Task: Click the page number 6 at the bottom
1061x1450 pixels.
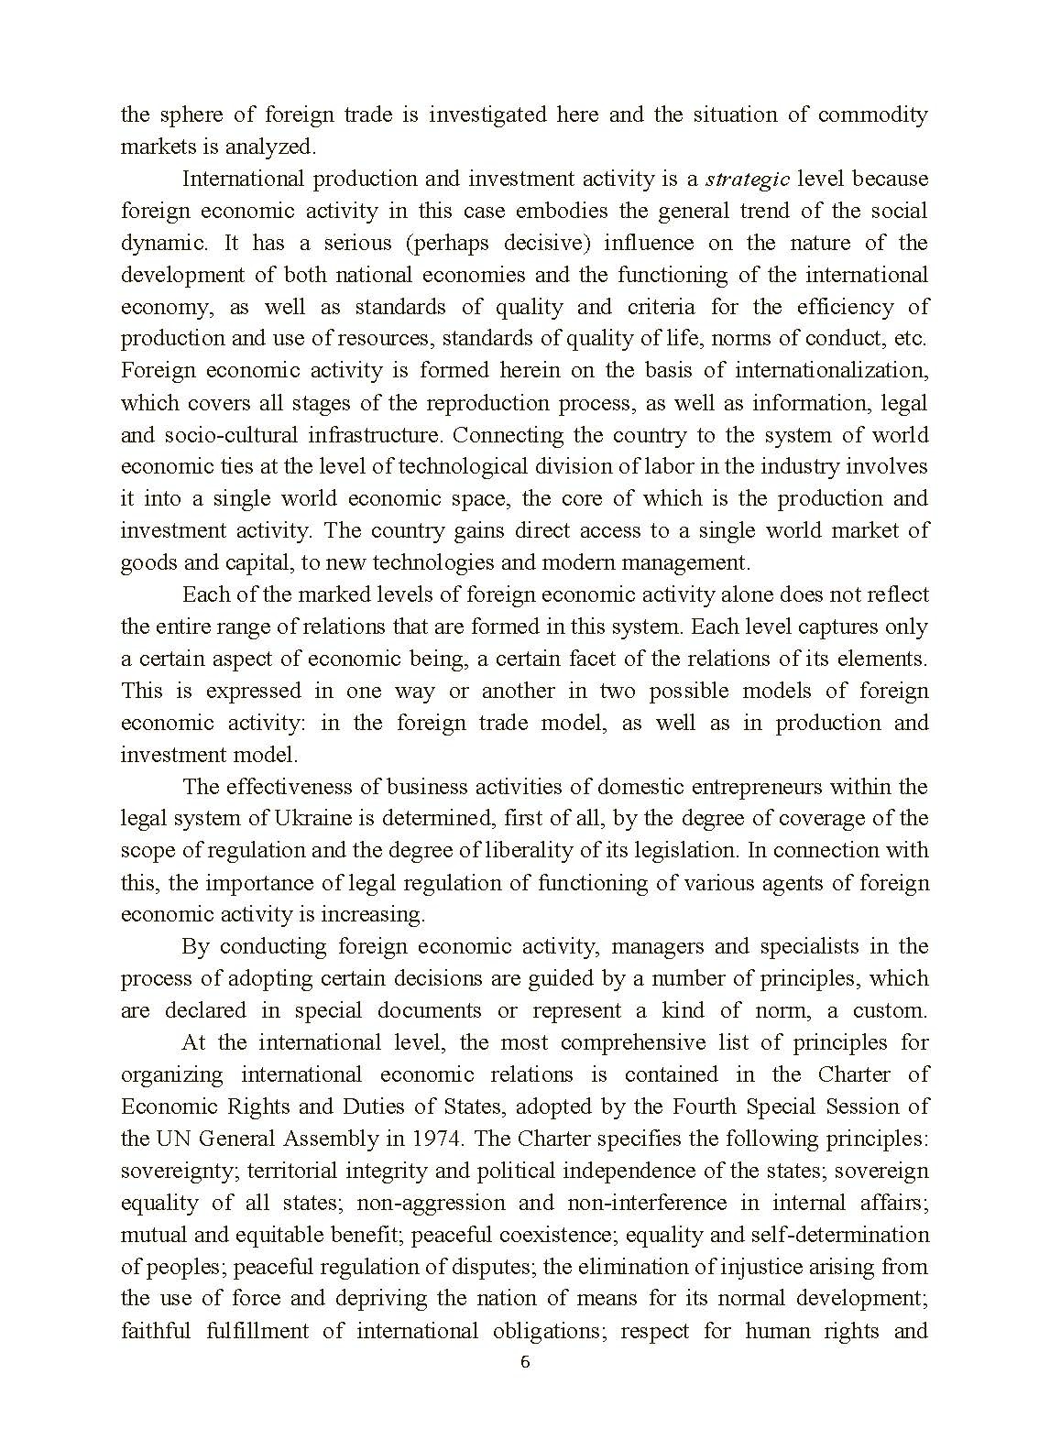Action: point(525,1362)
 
